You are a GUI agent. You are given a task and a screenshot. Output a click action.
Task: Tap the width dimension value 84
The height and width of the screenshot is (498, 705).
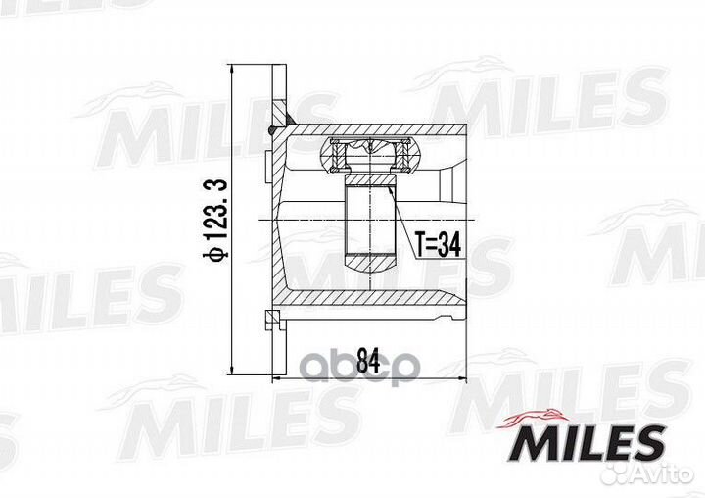pos(368,360)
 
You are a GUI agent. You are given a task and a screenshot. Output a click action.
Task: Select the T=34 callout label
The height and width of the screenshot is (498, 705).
pos(438,246)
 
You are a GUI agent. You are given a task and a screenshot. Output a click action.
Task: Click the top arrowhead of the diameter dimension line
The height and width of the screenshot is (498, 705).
pos(232,70)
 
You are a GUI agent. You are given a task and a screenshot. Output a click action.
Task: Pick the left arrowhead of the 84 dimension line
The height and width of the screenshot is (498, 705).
pos(279,378)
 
